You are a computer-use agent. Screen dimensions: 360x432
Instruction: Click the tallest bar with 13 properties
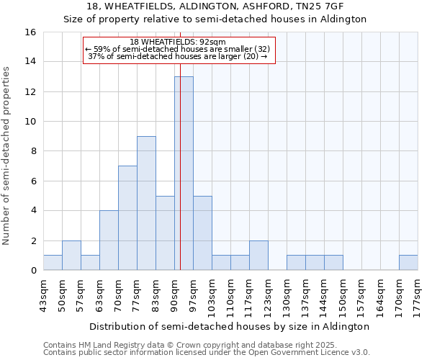coord(184,173)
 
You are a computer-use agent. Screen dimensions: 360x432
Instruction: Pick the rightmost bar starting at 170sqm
coord(408,263)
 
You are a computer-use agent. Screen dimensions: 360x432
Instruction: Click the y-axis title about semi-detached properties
coord(7,155)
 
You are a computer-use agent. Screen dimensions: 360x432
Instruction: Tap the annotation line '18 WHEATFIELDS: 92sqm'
coord(179,42)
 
